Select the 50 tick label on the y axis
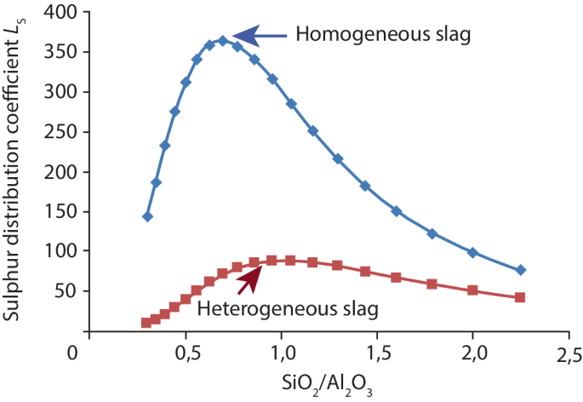pos(61,291)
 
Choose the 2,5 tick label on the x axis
pos(569,353)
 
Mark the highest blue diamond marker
pos(223,41)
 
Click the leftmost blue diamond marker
pos(147,216)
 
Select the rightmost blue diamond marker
pos(521,270)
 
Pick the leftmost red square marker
pos(146,323)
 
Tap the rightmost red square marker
pos(520,297)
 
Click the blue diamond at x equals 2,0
pos(473,252)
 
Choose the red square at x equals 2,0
pos(473,290)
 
